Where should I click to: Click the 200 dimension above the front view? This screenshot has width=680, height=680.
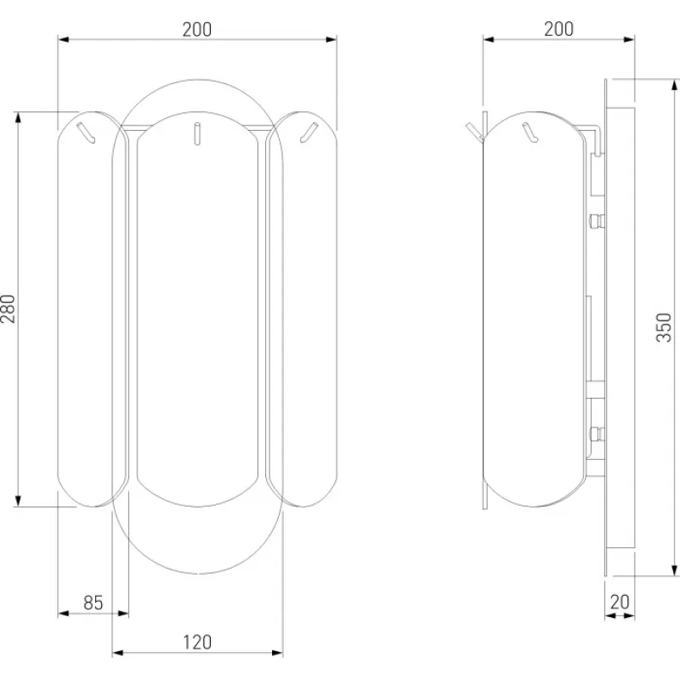click(197, 30)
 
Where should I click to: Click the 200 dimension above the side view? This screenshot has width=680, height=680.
click(558, 29)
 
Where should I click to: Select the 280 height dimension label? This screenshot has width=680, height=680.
click(8, 309)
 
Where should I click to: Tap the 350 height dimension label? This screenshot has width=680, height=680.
click(664, 327)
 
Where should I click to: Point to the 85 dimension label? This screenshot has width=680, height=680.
click(93, 603)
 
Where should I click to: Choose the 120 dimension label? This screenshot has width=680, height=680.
click(197, 643)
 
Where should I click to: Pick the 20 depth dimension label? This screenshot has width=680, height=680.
click(620, 602)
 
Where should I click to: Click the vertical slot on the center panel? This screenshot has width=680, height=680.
click(197, 133)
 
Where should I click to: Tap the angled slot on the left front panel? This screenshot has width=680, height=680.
click(86, 133)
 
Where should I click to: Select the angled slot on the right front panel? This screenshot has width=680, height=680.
click(309, 133)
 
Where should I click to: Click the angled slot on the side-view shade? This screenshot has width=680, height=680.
click(530, 133)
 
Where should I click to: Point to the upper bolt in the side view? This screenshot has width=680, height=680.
click(597, 221)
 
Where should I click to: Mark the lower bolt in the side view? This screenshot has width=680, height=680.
click(597, 433)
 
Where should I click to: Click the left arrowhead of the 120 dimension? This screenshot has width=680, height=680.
click(117, 653)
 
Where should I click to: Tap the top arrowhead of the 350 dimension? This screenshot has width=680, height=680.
click(674, 85)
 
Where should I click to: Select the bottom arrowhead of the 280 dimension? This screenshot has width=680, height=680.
click(18, 501)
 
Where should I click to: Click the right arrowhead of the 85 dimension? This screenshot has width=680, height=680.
click(123, 613)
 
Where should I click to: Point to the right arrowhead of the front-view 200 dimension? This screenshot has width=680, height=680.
click(331, 39)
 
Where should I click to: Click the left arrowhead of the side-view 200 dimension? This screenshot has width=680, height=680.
click(488, 39)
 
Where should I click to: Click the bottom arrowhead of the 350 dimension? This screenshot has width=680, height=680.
click(674, 570)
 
